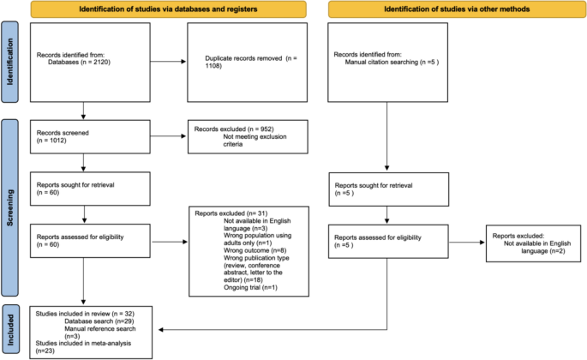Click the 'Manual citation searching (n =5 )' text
387,62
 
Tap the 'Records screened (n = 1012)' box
83,139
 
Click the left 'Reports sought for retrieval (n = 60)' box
83,189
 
